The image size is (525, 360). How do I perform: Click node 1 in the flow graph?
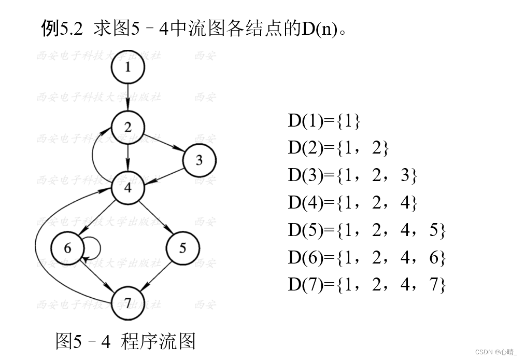coord(127,67)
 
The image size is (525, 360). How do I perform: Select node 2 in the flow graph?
coord(127,127)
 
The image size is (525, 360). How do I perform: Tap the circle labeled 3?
coord(199,160)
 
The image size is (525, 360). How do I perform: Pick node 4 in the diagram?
coord(127,187)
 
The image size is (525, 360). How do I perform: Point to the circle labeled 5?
coord(182,248)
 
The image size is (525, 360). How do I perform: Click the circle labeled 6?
coord(67,248)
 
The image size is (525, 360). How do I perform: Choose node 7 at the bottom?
coord(127,302)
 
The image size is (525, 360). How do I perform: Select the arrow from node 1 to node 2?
coord(127,97)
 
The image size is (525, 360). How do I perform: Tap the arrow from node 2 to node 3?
coord(164,144)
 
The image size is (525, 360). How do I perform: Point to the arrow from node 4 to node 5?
coord(155,218)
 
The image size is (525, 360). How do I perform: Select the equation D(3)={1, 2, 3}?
coord(352,176)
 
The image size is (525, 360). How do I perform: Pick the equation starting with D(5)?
coord(366,230)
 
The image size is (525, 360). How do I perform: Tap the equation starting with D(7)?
coord(366,285)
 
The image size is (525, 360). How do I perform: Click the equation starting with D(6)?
coord(366,257)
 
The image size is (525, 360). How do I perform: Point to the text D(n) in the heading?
coord(320,29)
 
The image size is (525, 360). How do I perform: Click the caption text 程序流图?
coord(158,341)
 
